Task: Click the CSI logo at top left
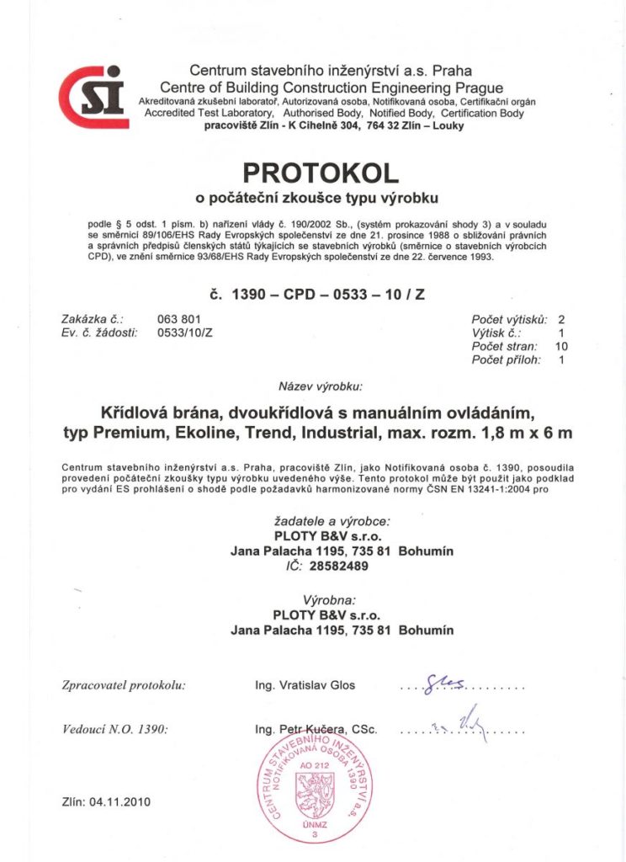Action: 93,96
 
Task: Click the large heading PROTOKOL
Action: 320,173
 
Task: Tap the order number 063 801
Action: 178,319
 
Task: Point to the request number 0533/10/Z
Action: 185,333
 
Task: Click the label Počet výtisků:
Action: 510,319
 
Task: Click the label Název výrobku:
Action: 320,388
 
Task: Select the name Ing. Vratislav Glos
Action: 305,684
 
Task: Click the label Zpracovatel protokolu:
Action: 124,684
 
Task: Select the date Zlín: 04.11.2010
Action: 106,801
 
